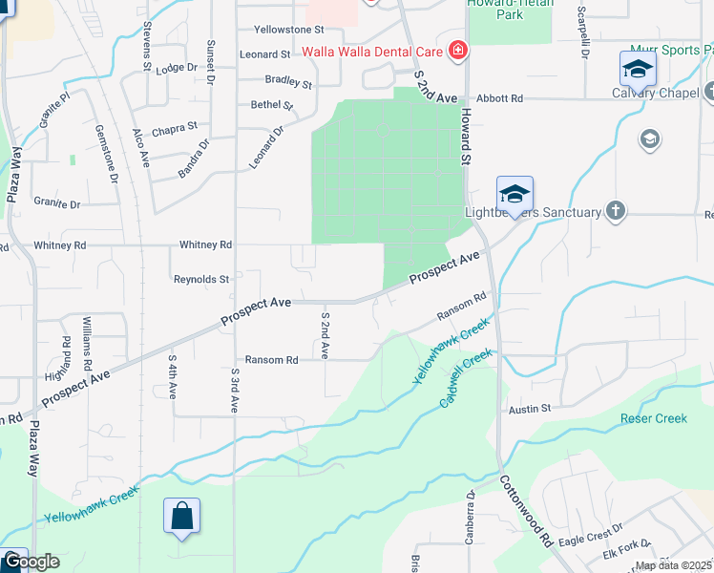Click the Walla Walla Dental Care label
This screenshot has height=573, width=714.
[372, 50]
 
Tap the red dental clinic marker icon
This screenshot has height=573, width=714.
[458, 50]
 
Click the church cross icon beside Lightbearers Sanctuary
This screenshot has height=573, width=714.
[616, 211]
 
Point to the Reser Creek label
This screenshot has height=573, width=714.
[654, 418]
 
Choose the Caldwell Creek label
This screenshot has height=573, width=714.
[467, 378]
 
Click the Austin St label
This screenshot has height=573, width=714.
[531, 408]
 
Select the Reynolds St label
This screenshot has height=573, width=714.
[201, 280]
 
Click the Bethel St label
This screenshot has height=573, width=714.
[271, 104]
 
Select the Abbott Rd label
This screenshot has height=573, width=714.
[500, 98]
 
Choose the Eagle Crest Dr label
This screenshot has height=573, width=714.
[590, 528]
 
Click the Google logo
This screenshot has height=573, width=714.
[31, 562]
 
